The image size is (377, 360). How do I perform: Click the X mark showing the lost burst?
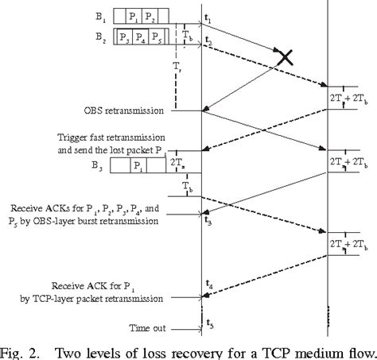(x=285, y=56)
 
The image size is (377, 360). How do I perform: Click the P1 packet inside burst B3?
(x=140, y=167)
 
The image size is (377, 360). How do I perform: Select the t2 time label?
(x=208, y=40)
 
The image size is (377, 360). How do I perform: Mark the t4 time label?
(x=209, y=284)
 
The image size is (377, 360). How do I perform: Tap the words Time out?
(x=154, y=327)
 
